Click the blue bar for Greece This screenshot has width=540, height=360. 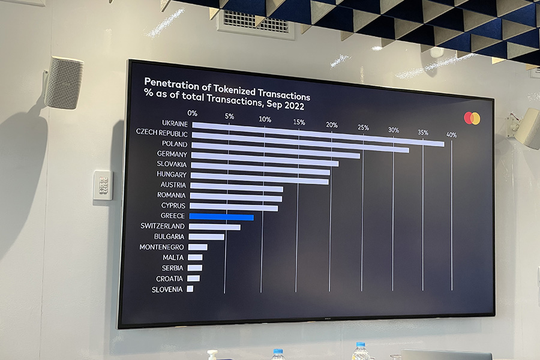pyautogui.click(x=221, y=216)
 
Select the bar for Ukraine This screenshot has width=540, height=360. pyautogui.click(x=318, y=134)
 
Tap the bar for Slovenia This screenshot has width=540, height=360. pyautogui.click(x=190, y=289)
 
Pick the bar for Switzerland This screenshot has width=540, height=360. pyautogui.click(x=214, y=226)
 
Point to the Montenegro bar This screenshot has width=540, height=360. pyautogui.click(x=197, y=247)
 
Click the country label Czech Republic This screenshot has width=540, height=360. pyautogui.click(x=161, y=133)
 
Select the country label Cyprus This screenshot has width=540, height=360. pyautogui.click(x=173, y=206)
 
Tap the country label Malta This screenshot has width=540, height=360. pyautogui.click(x=173, y=257)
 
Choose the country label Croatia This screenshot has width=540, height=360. pyautogui.click(x=170, y=278)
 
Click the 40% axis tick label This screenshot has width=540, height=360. pyautogui.click(x=451, y=135)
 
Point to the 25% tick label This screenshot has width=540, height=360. pyautogui.click(x=363, y=127)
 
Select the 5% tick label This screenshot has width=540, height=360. pyautogui.click(x=229, y=116)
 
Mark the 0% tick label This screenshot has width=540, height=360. pyautogui.click(x=192, y=113)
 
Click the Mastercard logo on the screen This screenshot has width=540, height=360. pyautogui.click(x=472, y=118)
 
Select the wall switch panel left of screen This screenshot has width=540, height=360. pyautogui.click(x=103, y=185)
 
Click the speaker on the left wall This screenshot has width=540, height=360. pyautogui.click(x=64, y=82)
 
